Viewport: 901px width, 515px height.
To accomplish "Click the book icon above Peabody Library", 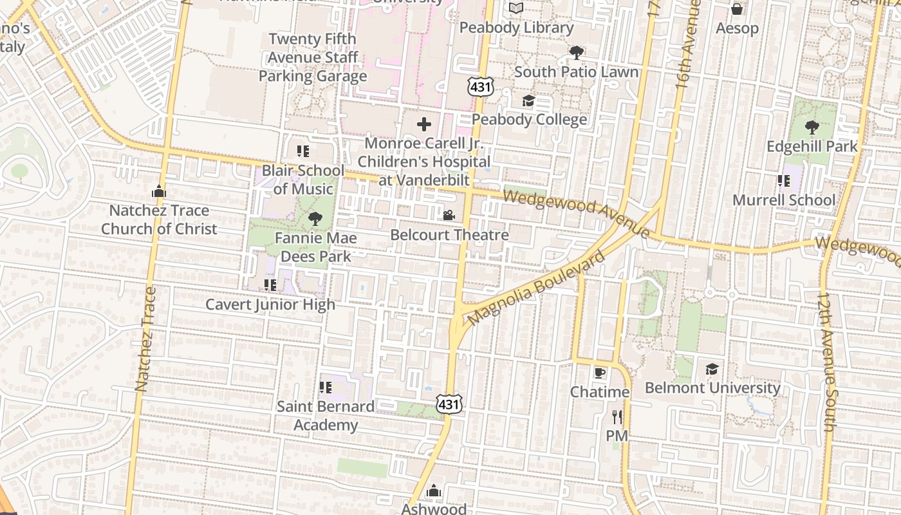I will click(516, 8).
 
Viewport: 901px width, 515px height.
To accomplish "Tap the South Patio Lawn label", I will click(576, 71).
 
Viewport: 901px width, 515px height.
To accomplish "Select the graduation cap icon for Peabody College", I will click(528, 100).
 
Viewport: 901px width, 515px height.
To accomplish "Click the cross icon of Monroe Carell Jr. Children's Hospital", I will click(423, 124).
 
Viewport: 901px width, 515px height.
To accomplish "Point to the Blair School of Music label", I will click(303, 180).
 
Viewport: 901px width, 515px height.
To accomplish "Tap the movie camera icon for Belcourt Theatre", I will click(449, 215).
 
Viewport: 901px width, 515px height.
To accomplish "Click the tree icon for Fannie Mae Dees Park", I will click(315, 219).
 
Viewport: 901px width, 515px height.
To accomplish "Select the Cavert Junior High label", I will click(270, 304).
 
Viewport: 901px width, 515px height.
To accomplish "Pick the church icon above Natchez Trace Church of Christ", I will click(158, 191).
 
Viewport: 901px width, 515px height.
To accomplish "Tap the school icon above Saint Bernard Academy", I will click(325, 387).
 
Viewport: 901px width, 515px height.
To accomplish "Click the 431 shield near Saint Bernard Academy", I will click(449, 404).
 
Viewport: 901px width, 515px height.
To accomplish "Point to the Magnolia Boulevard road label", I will click(537, 288).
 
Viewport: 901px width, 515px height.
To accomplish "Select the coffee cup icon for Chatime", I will click(600, 373).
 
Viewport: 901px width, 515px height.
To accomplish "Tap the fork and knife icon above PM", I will click(617, 417).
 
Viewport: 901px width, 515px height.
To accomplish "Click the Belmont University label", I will click(712, 388).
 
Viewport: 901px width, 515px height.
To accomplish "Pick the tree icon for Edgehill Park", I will click(812, 127).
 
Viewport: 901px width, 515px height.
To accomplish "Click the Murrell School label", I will click(784, 200).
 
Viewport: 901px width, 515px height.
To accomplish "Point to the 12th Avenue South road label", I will click(827, 362).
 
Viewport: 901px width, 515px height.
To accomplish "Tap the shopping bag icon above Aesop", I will click(737, 9).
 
